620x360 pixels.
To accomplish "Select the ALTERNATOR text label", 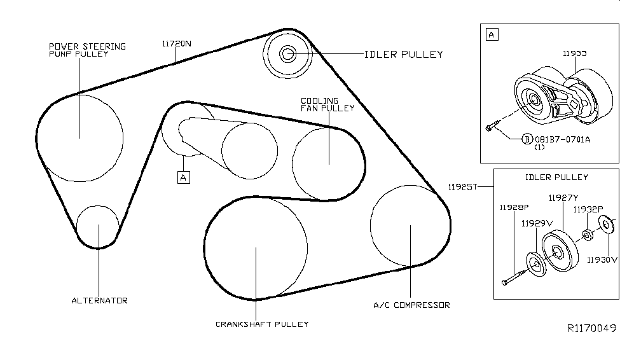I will [x=99, y=300].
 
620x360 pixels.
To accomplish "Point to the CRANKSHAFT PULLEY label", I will [x=262, y=324].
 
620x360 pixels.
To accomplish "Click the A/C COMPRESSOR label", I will [x=411, y=305].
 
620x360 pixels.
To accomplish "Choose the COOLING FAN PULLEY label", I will [x=328, y=104].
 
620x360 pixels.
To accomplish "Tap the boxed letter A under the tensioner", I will [x=183, y=177].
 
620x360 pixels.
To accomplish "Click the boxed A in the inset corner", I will [x=492, y=34].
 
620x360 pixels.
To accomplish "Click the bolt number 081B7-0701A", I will [x=563, y=139].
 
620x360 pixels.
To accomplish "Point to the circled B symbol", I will [x=527, y=139].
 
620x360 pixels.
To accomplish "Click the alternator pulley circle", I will [x=98, y=225].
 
